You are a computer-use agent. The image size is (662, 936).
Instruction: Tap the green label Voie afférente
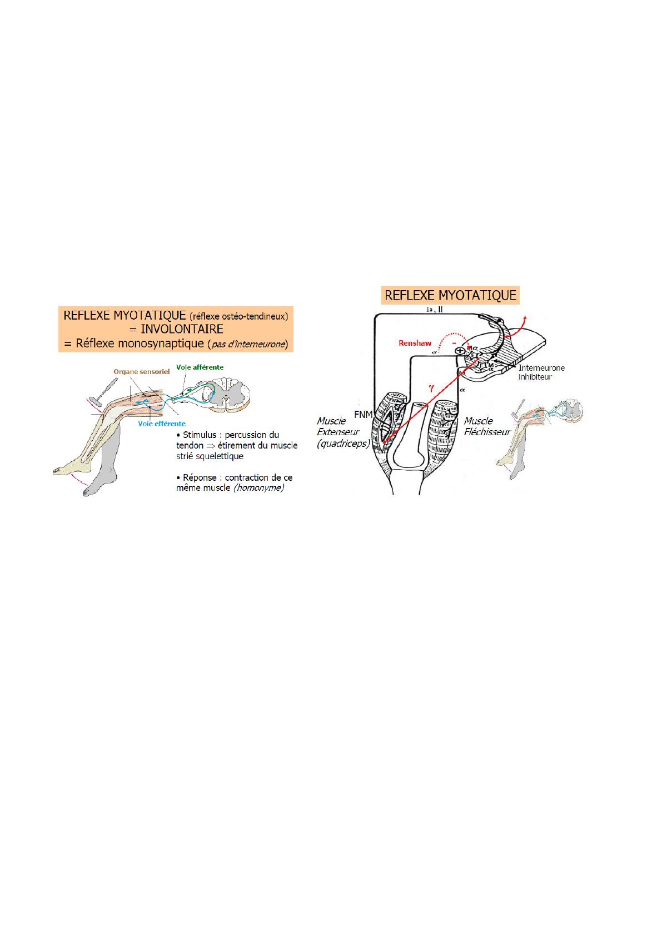click(x=200, y=367)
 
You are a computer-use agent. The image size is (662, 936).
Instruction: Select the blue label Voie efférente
click(x=162, y=424)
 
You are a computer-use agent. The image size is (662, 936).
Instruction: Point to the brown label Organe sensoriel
click(x=141, y=371)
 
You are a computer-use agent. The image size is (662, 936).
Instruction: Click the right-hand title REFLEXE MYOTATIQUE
click(x=450, y=295)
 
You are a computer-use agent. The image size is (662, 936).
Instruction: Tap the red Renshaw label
click(x=415, y=343)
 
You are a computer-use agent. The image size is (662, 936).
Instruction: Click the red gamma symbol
click(x=431, y=389)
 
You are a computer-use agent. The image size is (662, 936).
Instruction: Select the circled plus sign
click(x=460, y=351)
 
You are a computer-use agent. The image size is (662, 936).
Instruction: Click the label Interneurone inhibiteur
click(x=541, y=372)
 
